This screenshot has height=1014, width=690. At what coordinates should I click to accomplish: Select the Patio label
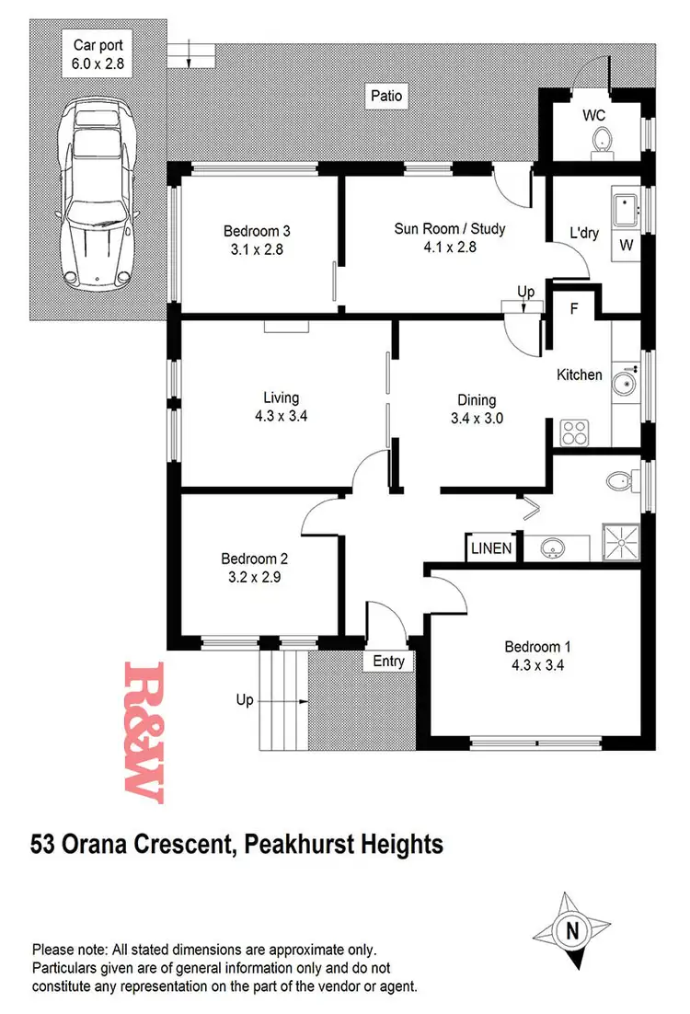386,96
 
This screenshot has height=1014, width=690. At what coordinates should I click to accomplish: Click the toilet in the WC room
603,141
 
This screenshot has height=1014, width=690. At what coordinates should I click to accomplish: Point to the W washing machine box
627,245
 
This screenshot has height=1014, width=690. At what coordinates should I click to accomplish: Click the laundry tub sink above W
629,207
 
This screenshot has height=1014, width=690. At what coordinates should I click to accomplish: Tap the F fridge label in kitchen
574,309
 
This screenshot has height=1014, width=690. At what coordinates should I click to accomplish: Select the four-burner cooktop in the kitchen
576,432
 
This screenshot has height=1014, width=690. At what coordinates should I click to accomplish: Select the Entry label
387,661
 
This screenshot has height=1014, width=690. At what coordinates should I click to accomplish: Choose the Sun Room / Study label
450,228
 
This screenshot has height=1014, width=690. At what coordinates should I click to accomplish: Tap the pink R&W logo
144,732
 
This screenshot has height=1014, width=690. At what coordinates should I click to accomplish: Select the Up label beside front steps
245,700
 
